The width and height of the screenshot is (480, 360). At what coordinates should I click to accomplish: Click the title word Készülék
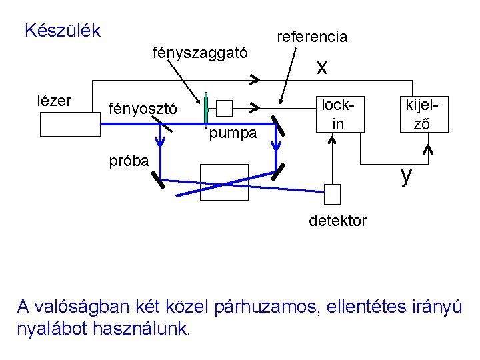coord(62,31)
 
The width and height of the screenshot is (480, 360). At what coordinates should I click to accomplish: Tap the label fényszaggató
coord(201,52)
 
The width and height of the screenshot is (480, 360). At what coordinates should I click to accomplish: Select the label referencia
coord(312,37)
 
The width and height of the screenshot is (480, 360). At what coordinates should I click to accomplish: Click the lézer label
coord(54,101)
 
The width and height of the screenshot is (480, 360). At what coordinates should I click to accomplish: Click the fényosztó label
coord(143,109)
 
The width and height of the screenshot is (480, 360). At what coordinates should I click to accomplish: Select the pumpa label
coord(233,133)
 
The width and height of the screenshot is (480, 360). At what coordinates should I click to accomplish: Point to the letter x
coord(322,67)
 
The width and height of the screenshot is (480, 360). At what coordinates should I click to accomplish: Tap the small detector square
coord(332,193)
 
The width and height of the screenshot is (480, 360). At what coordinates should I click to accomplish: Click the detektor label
coord(337,221)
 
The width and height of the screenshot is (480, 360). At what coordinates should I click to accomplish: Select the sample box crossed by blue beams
coord(224,182)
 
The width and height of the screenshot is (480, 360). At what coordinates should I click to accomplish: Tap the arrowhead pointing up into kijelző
coord(429,149)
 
